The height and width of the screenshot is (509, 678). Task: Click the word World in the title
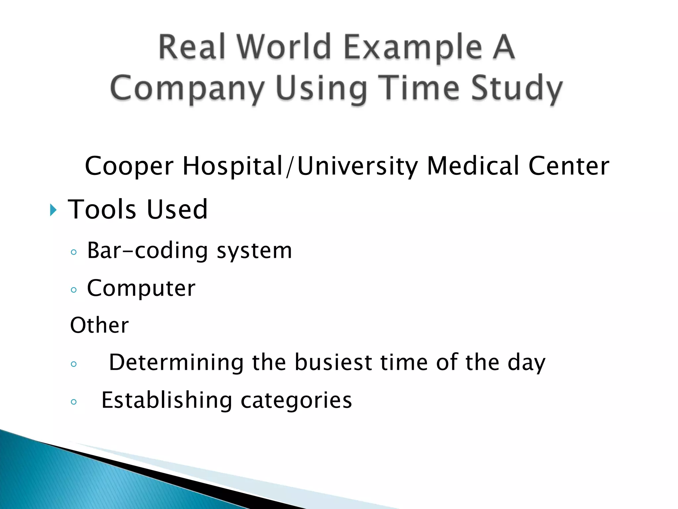pyautogui.click(x=284, y=47)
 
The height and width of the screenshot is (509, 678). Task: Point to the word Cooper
pyautogui.click(x=129, y=166)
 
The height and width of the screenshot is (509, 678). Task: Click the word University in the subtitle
pyautogui.click(x=358, y=166)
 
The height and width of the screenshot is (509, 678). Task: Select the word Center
pyautogui.click(x=568, y=165)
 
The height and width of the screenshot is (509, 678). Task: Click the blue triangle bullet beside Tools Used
pyautogui.click(x=53, y=210)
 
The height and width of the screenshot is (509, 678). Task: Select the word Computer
pyautogui.click(x=141, y=288)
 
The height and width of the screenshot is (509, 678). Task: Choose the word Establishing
pyautogui.click(x=167, y=400)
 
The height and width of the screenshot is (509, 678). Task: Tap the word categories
pyautogui.click(x=296, y=401)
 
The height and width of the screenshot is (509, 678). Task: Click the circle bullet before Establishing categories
pyautogui.click(x=74, y=402)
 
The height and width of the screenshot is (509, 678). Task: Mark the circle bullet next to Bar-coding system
pyautogui.click(x=74, y=252)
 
